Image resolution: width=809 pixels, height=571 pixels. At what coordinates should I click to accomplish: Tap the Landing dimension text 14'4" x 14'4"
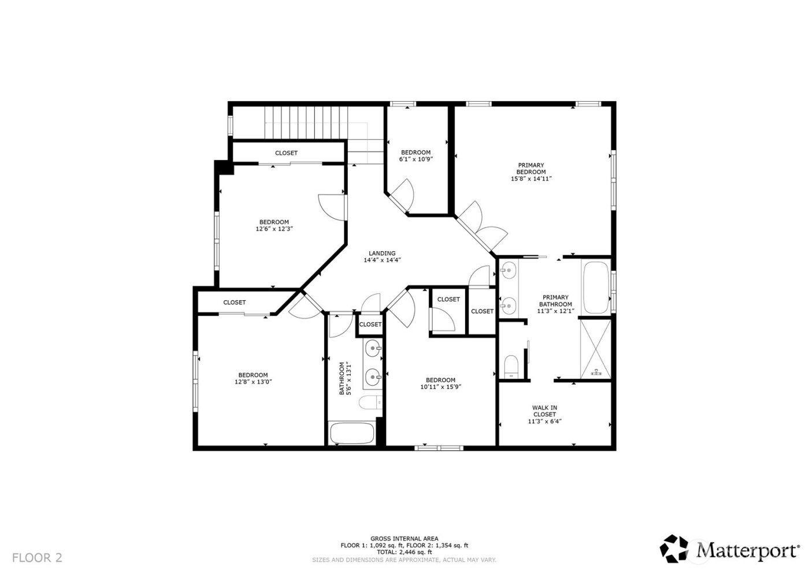pos(382,260)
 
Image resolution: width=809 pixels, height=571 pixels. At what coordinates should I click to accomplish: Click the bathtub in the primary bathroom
pos(596,286)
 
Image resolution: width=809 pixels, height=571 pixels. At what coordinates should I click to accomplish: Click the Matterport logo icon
pos(676,548)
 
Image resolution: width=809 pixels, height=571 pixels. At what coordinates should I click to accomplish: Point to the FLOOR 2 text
pos(37,558)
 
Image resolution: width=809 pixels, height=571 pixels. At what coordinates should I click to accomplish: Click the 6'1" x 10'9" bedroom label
pos(415,156)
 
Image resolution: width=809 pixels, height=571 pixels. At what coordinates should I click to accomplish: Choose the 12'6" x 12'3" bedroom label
pos(274,225)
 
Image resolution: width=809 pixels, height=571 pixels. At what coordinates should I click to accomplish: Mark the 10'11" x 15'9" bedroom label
pos(440,383)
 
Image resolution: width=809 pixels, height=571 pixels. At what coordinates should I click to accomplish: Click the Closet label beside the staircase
pos(286,153)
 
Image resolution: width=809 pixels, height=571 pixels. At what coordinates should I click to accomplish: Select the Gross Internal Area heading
pos(404,538)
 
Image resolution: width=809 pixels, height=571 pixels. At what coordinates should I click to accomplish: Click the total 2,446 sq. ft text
pos(404,552)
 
